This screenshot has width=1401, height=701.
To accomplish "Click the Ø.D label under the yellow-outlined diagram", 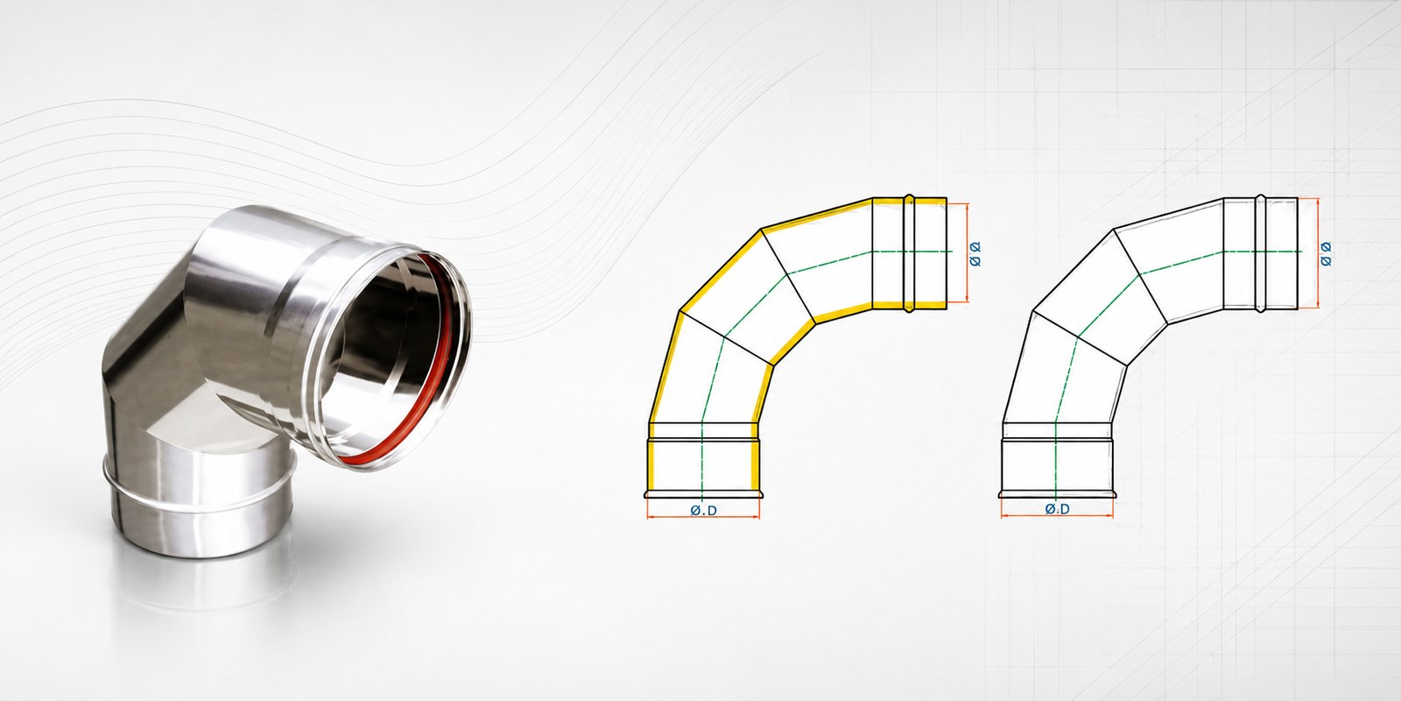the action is tap(704, 511).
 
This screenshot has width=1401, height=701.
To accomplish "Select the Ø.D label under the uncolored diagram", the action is tap(1058, 509).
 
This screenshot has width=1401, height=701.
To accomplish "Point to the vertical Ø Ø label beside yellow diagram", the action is tap(975, 253).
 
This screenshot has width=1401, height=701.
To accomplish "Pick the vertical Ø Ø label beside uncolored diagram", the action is tap(1326, 254).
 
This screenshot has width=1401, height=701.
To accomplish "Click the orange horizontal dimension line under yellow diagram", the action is tap(704, 518).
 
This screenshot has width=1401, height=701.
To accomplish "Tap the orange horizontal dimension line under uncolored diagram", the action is tap(1058, 517).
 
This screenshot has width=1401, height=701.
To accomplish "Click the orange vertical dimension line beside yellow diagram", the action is tap(967, 253).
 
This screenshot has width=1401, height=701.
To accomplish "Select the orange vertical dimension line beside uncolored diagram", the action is tap(1318, 253).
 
